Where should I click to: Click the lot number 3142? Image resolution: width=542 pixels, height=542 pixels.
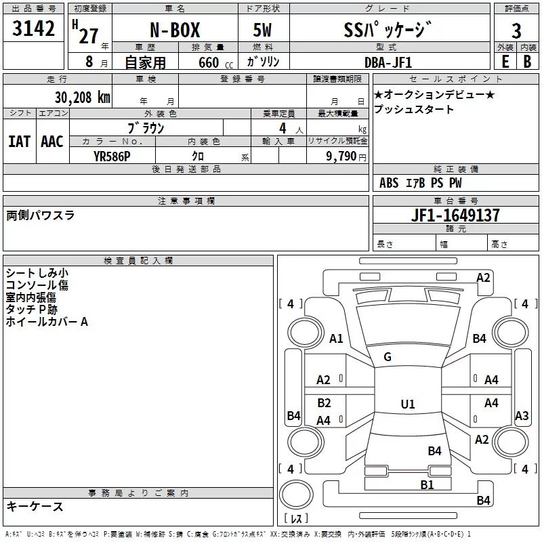[34, 29]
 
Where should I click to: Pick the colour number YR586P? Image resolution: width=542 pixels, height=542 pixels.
[112, 155]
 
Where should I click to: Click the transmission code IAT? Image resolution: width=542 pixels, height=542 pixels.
[20, 142]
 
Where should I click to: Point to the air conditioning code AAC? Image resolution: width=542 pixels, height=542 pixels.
[52, 142]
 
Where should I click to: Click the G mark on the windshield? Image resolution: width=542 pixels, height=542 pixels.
[387, 357]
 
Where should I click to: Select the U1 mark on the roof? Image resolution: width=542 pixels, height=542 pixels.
[407, 404]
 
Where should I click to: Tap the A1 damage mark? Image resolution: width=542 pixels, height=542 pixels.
[336, 338]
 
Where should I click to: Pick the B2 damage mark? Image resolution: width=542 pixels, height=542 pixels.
[324, 403]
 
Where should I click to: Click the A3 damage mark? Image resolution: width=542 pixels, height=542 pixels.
[521, 416]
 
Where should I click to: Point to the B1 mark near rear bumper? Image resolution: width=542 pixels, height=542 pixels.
[427, 484]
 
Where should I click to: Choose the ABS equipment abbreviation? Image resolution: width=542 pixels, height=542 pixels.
[389, 183]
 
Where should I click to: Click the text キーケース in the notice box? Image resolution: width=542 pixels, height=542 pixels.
[35, 506]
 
